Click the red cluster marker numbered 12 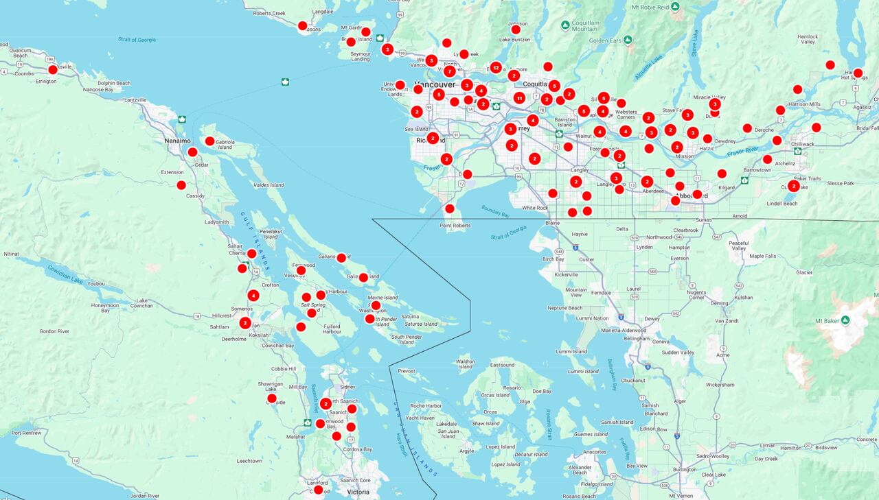click(x=496, y=67)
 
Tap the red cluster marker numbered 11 click(x=519, y=98)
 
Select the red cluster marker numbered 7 click(x=450, y=71)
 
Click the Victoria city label click(x=358, y=492)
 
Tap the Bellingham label click(x=637, y=338)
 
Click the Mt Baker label click(x=827, y=320)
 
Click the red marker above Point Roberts click(x=450, y=209)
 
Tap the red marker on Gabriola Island click(x=210, y=141)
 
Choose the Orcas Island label click(x=495, y=395)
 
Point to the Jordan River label click(x=144, y=495)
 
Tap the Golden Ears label click(x=604, y=40)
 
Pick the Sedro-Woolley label click(x=711, y=456)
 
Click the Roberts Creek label click(x=269, y=13)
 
